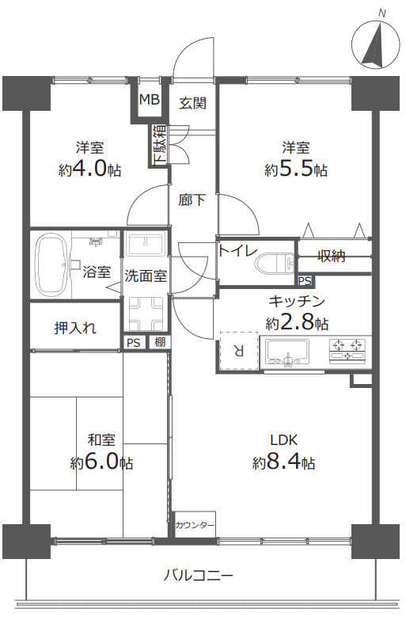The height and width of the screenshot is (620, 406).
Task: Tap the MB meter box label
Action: [x=149, y=101]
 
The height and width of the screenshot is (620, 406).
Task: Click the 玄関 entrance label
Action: [x=192, y=102]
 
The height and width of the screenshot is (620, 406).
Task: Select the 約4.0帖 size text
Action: [x=89, y=169]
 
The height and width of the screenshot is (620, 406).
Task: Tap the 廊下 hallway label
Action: [x=192, y=200]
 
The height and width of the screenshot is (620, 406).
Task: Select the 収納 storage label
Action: [x=332, y=256]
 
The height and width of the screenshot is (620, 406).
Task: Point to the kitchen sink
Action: [x=290, y=349]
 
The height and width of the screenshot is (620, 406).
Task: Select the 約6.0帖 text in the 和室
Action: [x=101, y=462]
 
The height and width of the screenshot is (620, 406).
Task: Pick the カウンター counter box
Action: [x=195, y=525]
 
